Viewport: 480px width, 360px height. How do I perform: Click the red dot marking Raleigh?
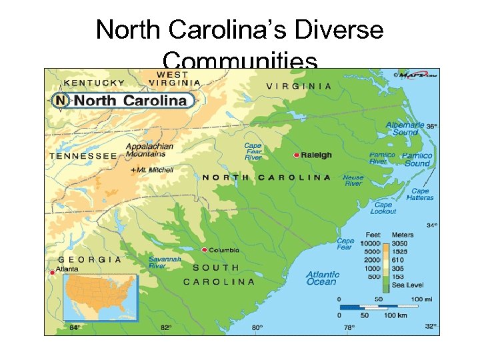click(296, 155)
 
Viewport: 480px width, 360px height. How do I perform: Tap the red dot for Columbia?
click(204, 250)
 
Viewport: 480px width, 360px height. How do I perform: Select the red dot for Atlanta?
click(52, 272)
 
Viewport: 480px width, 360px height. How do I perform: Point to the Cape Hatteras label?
click(420, 194)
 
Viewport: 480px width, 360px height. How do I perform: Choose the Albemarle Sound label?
click(405, 129)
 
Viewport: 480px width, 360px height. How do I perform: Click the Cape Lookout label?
click(383, 208)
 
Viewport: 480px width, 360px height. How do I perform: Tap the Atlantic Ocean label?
click(323, 278)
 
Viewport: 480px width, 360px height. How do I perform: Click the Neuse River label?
click(353, 181)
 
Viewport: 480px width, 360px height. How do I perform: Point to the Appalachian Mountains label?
click(149, 150)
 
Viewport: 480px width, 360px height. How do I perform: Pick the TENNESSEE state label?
click(83, 156)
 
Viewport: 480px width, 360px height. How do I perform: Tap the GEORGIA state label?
click(90, 259)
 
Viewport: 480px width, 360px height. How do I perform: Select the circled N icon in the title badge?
click(61, 101)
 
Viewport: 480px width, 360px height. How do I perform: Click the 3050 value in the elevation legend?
click(400, 244)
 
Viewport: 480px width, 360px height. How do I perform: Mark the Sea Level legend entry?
click(407, 285)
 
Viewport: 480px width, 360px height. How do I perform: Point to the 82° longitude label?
click(165, 327)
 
